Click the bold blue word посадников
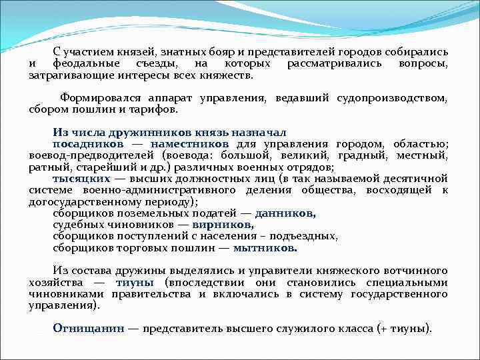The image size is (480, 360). point(87,144)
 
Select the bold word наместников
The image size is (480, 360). point(189,144)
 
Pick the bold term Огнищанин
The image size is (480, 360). point(88,328)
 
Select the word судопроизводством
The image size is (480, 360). point(393,98)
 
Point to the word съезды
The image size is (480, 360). point(157,63)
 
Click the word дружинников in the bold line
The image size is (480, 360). point(136,132)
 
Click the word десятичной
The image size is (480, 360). point(415,179)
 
